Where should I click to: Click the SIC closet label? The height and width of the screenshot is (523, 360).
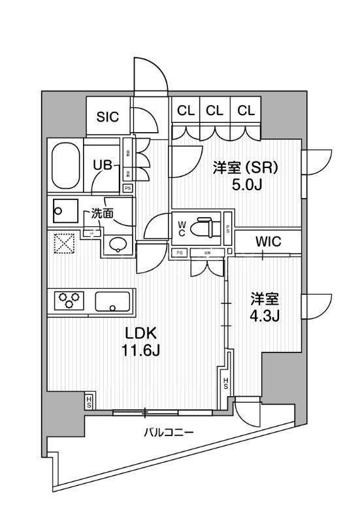pos(107,117)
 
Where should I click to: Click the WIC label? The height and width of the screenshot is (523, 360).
pos(268,242)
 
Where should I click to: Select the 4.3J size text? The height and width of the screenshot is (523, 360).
pos(265,317)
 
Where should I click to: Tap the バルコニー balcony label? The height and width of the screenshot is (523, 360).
pos(166,432)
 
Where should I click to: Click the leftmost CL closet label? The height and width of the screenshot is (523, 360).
pos(186,110)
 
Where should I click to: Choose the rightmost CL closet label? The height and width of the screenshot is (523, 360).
pos(246,110)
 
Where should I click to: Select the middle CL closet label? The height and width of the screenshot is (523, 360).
pos(215,110)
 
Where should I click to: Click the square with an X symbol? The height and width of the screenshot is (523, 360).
pos(64,244)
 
